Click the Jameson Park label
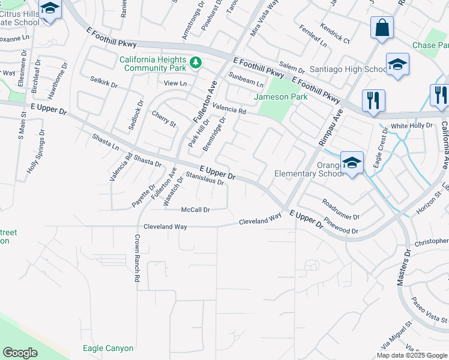click(x=280, y=97)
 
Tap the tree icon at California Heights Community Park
click(x=195, y=62)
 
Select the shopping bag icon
click(x=382, y=28)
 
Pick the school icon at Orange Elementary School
click(x=352, y=162)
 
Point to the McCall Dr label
click(x=196, y=210)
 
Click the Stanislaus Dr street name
click(x=205, y=178)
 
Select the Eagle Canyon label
click(x=108, y=348)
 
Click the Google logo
click(x=20, y=353)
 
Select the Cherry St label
click(x=163, y=119)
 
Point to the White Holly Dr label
click(x=411, y=126)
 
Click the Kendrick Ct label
click(x=335, y=34)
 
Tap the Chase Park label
click(x=430, y=46)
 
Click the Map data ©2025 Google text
click(x=412, y=355)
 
